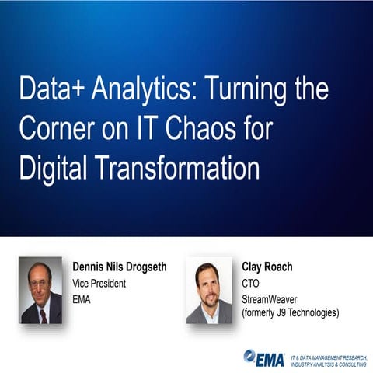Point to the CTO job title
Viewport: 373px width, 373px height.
pos(251,283)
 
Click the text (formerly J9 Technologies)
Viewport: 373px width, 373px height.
pos(290,313)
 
